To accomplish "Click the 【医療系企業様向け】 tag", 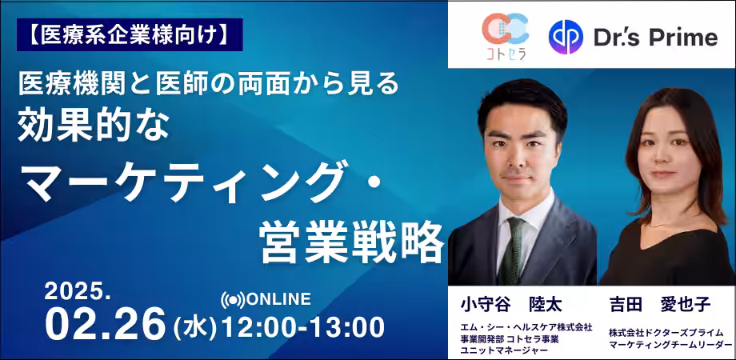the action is point(130,34).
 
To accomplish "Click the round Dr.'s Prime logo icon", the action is point(566,37).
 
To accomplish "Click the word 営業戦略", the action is point(352,242).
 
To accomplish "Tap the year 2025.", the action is point(78,293).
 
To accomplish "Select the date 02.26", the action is point(105,324).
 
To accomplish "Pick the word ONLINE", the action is point(278,299).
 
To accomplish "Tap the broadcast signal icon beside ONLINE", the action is point(233,300).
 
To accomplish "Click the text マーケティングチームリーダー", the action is point(670,346).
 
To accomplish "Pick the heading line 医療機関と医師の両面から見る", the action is point(208,84).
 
